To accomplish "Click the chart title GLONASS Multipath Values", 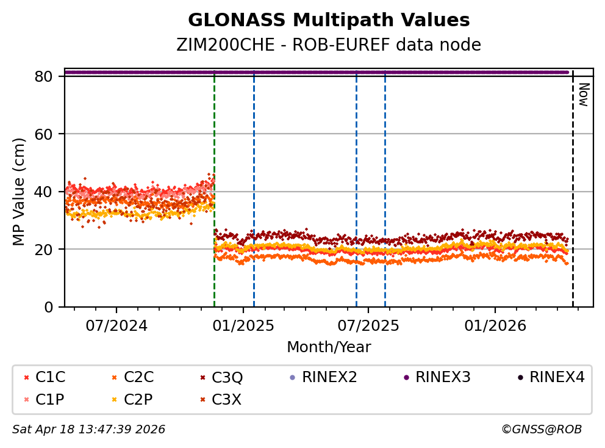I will (329, 21).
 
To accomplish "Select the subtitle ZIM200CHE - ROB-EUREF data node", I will (329, 45).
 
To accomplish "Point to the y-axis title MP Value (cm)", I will (20, 192).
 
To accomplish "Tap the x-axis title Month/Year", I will (329, 347).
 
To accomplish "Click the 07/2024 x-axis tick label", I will (116, 325).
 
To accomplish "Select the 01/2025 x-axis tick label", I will (243, 325).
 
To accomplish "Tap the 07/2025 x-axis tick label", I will (368, 325).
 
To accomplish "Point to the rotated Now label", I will (583, 95).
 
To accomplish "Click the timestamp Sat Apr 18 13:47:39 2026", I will (88, 430).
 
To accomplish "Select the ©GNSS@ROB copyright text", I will (542, 430).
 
